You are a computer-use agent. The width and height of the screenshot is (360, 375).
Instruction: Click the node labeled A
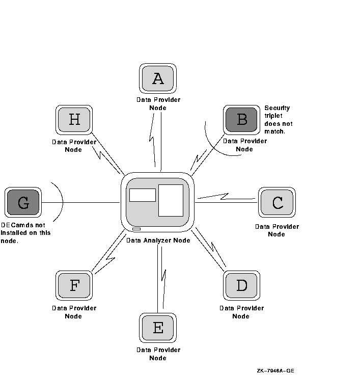point(158,78)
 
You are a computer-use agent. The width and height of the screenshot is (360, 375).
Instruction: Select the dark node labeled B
point(242,120)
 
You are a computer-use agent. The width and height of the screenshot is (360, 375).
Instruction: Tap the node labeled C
point(277,203)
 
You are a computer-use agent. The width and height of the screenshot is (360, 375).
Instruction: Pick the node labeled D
point(242,285)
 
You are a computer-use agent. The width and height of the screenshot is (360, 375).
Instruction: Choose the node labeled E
point(158,328)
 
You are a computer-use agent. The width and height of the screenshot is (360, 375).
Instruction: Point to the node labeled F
point(74,285)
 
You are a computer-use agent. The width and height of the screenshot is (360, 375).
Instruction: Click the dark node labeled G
point(23,203)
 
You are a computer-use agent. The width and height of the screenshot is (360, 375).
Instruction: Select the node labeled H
point(74,120)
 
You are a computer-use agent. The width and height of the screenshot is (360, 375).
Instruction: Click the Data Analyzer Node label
point(158,240)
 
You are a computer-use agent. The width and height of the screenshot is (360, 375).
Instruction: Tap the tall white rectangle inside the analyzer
point(171,200)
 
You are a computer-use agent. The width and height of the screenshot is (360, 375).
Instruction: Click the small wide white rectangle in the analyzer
point(143,195)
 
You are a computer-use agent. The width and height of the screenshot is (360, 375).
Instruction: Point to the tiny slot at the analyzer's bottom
point(136,230)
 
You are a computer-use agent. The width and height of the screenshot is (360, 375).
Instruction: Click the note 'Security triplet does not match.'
point(278,120)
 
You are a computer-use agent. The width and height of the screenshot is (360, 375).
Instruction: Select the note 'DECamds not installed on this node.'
point(25,233)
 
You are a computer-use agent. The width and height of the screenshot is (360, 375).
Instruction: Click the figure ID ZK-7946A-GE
point(275,370)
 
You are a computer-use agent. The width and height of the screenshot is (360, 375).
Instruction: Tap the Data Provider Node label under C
point(276,230)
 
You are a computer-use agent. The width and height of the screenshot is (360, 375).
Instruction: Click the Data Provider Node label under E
point(158,354)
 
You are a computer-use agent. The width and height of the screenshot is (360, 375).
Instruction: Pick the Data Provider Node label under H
point(74,146)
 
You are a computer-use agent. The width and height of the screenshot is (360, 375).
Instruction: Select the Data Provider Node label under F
point(74,312)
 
